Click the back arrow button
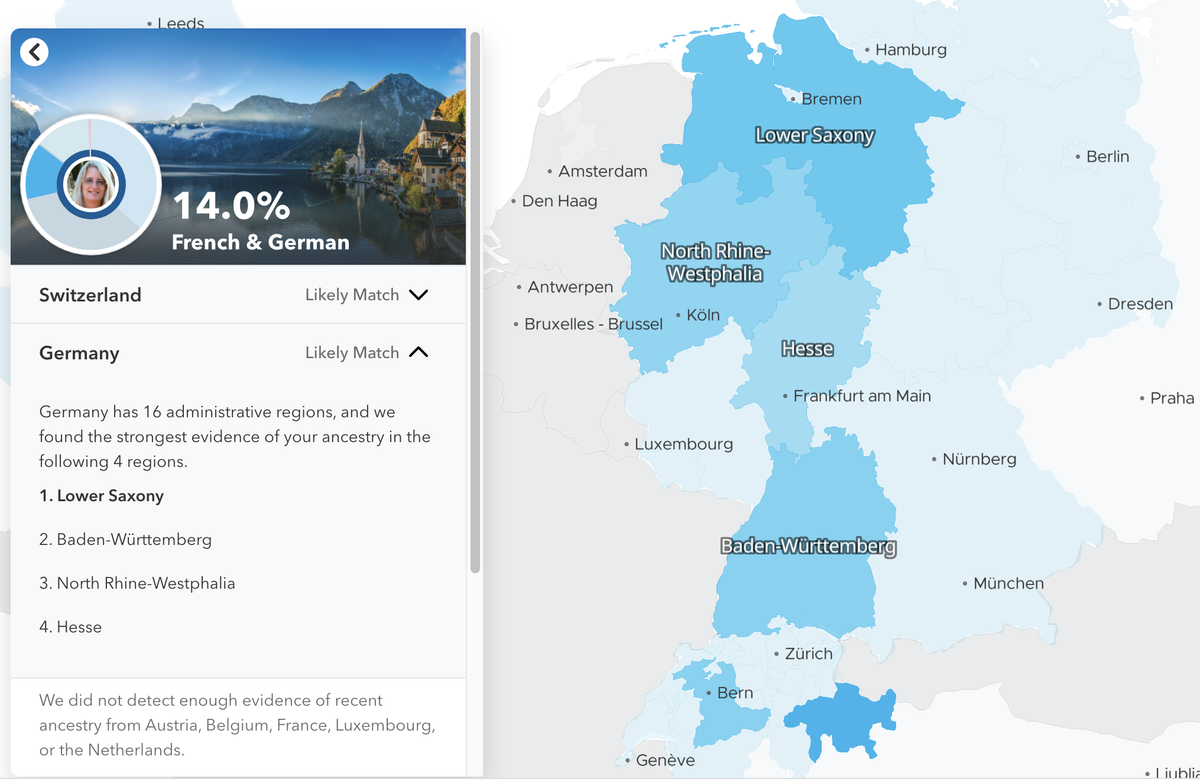[34, 52]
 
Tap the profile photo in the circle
[92, 184]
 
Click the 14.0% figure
[231, 206]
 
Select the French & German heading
[260, 242]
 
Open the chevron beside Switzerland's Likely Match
[419, 295]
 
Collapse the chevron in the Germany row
[419, 353]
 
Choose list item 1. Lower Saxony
[102, 496]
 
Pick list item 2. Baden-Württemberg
[125, 540]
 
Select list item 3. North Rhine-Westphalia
[137, 583]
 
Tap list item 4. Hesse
[70, 627]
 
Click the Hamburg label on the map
[910, 50]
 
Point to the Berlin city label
[1107, 157]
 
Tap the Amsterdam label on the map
[602, 171]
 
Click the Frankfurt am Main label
[861, 396]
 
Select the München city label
[1008, 583]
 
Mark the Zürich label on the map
[808, 654]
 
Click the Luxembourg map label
[683, 444]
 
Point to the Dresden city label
[1140, 304]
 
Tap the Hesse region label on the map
[807, 349]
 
